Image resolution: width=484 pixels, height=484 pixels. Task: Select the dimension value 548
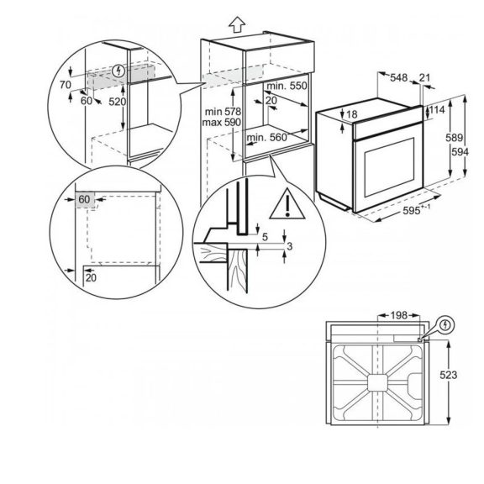401,78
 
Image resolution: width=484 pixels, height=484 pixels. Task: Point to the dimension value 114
435,109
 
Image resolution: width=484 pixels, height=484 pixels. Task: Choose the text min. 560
267,137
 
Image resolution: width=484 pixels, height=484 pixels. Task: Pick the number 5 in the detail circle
265,238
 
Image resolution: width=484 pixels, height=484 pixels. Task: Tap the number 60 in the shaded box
85,199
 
